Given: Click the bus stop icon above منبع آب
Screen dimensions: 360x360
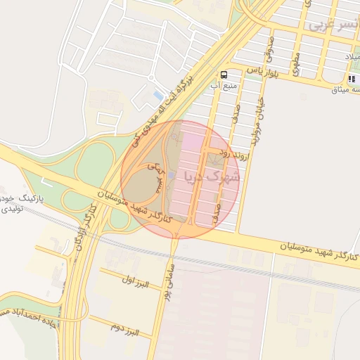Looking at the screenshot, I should (x=224, y=74).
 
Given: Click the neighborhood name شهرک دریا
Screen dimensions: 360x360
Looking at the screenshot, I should (x=212, y=176).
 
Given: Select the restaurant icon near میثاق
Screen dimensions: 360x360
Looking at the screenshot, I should (x=352, y=79).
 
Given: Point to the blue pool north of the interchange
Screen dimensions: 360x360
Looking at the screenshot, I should (x=158, y=96).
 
